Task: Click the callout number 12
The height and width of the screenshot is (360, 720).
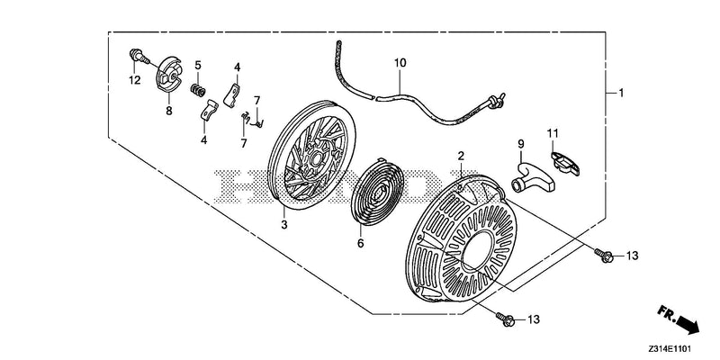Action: pos(134,80)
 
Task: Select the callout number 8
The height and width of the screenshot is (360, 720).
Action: pos(169,111)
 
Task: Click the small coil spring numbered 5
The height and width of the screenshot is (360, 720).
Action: pos(198,89)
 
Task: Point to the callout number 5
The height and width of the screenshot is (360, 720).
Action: pos(198,65)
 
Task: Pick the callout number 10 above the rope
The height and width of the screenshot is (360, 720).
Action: pos(400,63)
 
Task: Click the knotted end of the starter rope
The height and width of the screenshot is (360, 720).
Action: pos(495,102)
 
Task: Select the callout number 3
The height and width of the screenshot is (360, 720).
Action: pos(284,224)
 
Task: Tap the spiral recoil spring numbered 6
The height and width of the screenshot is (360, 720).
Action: pos(377,192)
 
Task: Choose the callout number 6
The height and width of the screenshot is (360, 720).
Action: pos(361,243)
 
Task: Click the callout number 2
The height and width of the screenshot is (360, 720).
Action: pos(461,155)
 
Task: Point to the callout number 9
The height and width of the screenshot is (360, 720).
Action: pos(521,144)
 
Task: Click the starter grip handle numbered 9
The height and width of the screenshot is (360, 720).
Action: pos(533,176)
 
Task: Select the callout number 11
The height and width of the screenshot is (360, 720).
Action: pos(553,133)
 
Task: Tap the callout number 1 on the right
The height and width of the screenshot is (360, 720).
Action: pos(621,94)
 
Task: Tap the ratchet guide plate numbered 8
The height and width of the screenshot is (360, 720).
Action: pos(168,74)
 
